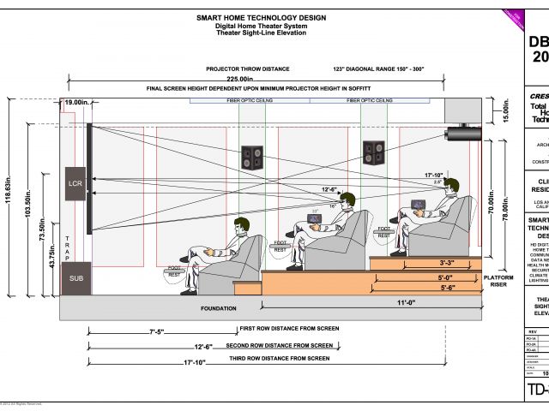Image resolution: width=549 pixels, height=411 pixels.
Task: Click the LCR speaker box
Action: [74, 183]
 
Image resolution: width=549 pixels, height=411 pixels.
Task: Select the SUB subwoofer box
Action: [76, 278]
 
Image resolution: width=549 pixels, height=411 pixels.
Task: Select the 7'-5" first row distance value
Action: [157, 331]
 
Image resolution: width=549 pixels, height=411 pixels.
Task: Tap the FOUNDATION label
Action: [218, 307]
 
